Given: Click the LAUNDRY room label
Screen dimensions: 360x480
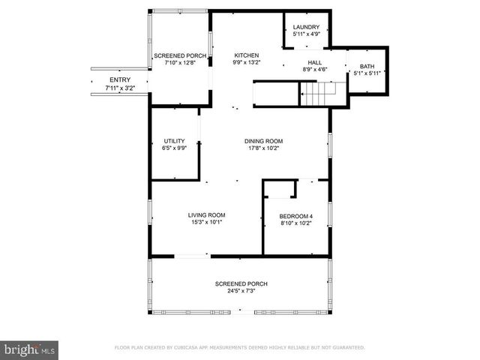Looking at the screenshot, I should point(305,27).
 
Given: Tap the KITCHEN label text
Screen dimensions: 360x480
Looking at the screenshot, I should point(247,55).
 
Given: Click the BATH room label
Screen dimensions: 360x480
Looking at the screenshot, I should point(367,66).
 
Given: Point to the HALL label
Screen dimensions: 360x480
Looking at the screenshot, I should point(315,62).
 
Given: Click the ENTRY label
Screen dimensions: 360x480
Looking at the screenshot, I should point(120,80).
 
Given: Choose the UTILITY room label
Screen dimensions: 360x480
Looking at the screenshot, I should point(175,141).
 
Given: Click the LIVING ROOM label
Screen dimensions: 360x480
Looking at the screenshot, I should point(206,215).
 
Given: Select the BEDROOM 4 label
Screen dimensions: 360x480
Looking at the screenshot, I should point(296,217).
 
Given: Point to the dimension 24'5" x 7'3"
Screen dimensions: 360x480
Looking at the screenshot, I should point(241,291).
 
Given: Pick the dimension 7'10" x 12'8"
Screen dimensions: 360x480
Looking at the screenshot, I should point(180,63).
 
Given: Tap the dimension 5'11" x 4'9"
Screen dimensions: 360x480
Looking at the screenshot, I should point(305,34).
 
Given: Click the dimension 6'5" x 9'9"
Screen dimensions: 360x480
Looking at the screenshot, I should point(175,148).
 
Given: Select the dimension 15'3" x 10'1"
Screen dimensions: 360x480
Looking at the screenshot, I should point(206,223).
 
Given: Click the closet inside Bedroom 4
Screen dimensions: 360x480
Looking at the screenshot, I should point(280,189).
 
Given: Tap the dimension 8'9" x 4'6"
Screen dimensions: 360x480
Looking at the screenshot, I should point(315,70).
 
